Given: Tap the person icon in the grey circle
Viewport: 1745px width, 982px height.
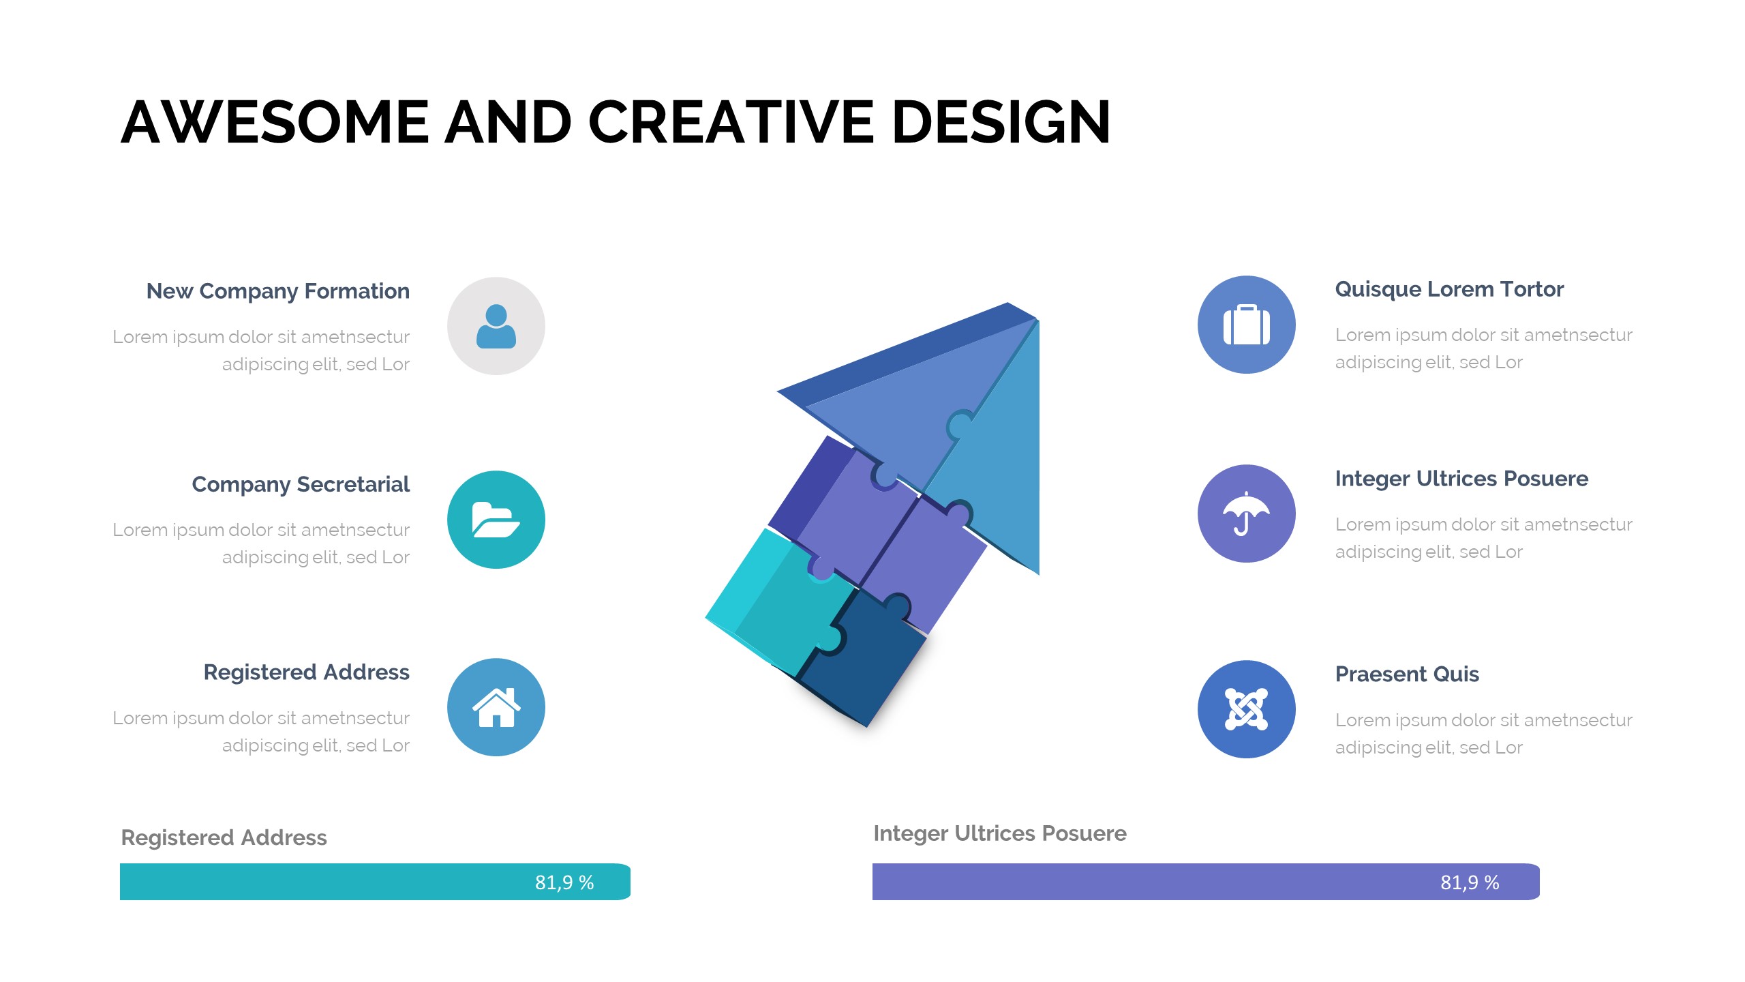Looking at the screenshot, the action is point(496,326).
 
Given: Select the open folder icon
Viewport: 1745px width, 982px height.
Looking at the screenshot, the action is point(496,520).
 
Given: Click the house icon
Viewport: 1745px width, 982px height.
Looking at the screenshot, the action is point(496,707).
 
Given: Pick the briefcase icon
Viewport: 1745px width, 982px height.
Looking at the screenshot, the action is point(1247,325).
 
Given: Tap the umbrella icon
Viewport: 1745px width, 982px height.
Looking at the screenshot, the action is point(1247,514).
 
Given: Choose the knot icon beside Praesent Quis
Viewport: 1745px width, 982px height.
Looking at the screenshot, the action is point(1247,709).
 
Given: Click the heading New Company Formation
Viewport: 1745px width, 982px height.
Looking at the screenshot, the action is point(278,291).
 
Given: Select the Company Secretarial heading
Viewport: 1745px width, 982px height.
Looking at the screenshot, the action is point(301,484).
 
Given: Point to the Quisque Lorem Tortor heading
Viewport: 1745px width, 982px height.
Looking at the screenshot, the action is point(1449,290).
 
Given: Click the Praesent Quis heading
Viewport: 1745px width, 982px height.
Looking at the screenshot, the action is point(1407,674).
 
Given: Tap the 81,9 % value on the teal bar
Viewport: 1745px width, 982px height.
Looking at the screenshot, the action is point(564,882).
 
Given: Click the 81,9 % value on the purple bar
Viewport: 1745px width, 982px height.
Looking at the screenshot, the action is point(1470,882).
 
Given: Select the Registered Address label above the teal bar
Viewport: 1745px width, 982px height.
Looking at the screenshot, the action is point(224,837).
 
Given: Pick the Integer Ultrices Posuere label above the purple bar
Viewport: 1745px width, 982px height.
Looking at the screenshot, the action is point(1000,833).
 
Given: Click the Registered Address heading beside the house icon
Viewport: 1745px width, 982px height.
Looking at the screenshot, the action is point(307,672).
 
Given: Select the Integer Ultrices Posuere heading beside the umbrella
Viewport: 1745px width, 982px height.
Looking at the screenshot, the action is point(1461,479).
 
